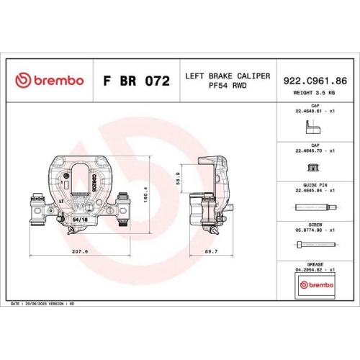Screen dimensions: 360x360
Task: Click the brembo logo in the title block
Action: point(50,81)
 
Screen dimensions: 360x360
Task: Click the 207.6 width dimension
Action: point(80,251)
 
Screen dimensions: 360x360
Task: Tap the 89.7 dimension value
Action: point(212,251)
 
